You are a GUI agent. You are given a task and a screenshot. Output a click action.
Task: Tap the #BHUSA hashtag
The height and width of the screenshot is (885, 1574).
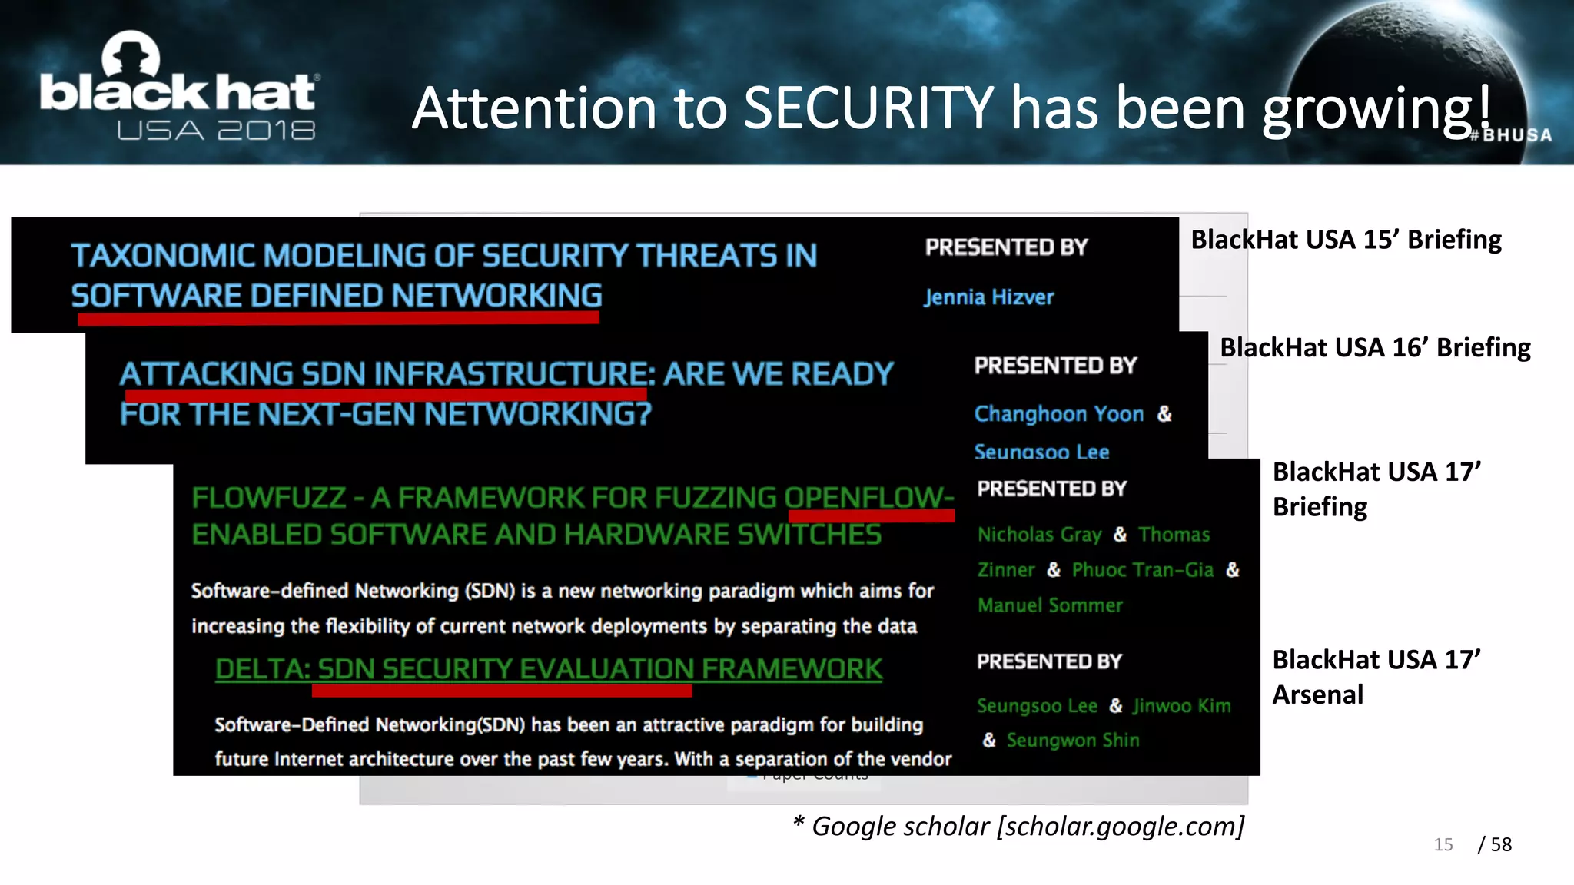(1511, 135)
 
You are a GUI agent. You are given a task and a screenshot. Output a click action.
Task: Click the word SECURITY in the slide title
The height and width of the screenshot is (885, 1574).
(868, 108)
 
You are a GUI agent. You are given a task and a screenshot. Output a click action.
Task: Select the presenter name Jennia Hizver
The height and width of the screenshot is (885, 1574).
(988, 297)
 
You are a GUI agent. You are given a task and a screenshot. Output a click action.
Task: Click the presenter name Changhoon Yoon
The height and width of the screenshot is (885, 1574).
(1058, 414)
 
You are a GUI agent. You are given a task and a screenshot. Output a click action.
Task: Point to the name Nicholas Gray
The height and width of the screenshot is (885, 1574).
(1039, 535)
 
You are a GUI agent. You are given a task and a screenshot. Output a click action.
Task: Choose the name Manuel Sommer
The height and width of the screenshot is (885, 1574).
(1050, 605)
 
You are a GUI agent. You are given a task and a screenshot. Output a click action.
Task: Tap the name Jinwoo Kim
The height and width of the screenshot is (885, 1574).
(1181, 706)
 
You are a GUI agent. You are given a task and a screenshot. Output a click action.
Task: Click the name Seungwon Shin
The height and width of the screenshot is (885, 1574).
(1073, 741)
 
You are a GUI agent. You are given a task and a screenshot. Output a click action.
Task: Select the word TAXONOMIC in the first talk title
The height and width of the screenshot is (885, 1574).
(164, 256)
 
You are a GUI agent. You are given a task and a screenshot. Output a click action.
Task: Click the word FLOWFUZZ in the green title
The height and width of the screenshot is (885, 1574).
(269, 498)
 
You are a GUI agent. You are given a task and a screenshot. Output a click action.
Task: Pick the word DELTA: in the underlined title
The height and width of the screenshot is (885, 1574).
(262, 669)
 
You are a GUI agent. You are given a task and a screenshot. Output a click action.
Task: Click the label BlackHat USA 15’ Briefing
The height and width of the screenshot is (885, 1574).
(1346, 240)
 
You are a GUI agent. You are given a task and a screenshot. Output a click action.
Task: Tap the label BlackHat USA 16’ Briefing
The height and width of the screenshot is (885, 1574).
(1375, 348)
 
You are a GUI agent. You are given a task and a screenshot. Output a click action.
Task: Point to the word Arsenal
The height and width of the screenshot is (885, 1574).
(1317, 694)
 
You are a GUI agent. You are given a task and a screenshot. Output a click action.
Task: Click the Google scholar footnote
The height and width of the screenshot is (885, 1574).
(1018, 827)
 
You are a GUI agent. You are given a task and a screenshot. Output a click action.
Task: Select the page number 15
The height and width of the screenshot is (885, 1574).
(1443, 845)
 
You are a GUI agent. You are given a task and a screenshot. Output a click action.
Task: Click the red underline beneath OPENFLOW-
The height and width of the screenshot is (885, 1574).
(871, 516)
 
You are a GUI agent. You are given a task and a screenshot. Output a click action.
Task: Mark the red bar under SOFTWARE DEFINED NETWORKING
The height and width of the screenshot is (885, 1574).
(338, 318)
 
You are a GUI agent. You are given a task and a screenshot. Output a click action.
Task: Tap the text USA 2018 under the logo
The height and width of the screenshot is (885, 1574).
(216, 131)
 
